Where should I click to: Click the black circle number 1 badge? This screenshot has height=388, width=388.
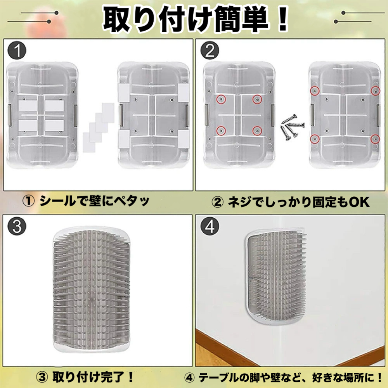[x=17, y=50]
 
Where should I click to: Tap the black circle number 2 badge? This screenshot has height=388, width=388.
[x=210, y=50]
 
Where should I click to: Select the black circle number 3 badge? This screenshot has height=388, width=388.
[x=17, y=227]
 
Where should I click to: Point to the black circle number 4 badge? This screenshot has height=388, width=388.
[x=210, y=227]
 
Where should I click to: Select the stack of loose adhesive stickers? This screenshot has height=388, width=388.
[x=98, y=127]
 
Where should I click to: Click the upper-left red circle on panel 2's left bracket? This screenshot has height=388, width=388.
[x=221, y=99]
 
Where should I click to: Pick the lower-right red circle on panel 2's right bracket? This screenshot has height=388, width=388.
[x=375, y=139]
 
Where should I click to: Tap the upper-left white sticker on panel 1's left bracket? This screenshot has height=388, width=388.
[x=28, y=106]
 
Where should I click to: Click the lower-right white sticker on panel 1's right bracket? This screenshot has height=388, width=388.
[x=184, y=139]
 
